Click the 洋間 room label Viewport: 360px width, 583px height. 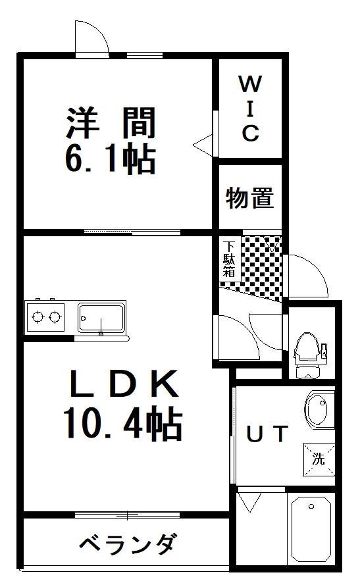[x=110, y=122]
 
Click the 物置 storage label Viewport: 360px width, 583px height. [x=249, y=197]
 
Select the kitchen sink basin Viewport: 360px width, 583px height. [x=101, y=318]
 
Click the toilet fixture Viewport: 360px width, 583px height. [x=307, y=353]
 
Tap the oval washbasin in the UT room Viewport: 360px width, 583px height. [x=319, y=407]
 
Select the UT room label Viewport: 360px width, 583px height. [x=267, y=434]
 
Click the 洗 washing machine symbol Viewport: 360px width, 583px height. [x=319, y=459]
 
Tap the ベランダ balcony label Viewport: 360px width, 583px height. [x=128, y=544]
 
